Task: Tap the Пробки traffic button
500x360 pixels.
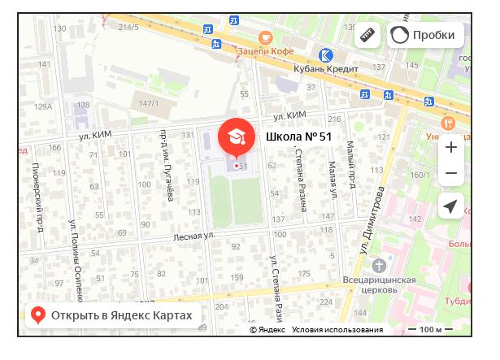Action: click(424, 35)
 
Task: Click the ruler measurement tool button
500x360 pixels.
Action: click(368, 35)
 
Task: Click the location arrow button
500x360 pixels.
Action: click(450, 206)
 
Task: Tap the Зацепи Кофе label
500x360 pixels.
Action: click(265, 51)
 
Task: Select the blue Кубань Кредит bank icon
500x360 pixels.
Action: click(325, 54)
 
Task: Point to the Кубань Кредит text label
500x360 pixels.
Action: click(326, 69)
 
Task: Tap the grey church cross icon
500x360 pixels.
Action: click(379, 265)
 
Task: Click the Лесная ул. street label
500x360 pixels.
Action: click(193, 236)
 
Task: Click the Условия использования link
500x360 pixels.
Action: click(337, 330)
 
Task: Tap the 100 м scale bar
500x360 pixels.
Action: click(430, 330)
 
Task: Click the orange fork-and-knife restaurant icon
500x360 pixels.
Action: click(447, 123)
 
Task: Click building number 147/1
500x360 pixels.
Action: click(148, 103)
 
